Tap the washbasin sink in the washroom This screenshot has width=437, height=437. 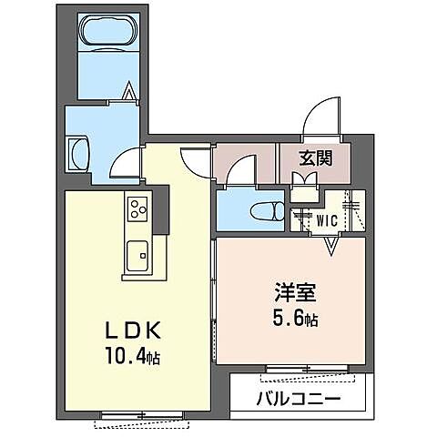pos(76,152)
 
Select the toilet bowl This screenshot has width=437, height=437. pos(268,208)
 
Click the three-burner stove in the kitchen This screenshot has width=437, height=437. pos(138,208)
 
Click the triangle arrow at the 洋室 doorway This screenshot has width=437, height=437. pos(330,243)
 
